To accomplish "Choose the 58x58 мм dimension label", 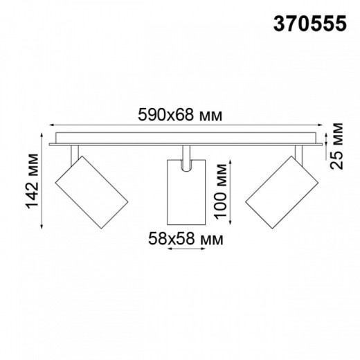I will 186,240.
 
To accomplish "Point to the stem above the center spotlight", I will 186,154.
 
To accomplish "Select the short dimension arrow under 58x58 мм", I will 186,251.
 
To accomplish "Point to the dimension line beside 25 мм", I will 328,147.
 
